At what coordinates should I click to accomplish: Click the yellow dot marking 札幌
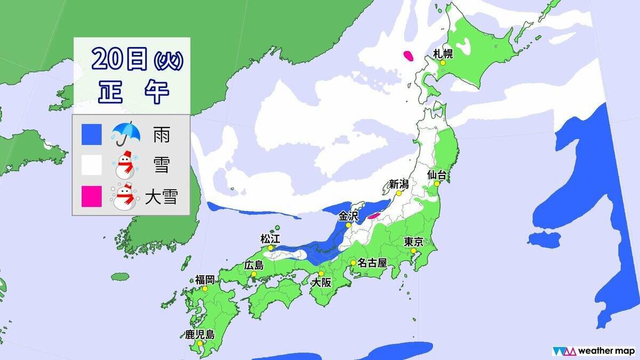(442, 63)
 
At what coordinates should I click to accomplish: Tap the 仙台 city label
(437, 174)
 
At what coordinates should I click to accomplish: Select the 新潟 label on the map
(398, 185)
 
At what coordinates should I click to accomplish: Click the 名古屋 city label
(372, 263)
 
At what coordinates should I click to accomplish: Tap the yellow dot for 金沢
(348, 226)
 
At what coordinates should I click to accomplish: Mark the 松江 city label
(270, 238)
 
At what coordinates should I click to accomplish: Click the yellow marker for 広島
(254, 275)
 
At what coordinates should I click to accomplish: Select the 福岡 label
(205, 279)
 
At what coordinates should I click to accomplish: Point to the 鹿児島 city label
(200, 335)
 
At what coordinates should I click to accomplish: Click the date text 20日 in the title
(118, 59)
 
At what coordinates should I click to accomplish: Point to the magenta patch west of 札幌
(409, 55)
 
